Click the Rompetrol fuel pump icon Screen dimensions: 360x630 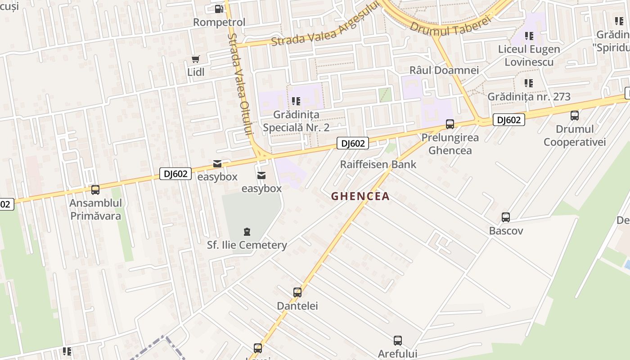click(x=219, y=9)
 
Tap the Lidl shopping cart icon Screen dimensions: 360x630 click(x=196, y=59)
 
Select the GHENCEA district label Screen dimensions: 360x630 click(x=360, y=197)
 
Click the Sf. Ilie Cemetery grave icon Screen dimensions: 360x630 click(x=247, y=232)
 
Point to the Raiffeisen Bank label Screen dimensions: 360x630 click(x=378, y=164)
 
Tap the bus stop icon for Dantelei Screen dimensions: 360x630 click(x=297, y=292)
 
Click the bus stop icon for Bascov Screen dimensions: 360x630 click(x=506, y=217)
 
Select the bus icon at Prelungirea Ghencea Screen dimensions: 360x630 click(x=450, y=124)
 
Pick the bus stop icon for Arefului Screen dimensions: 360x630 click(x=398, y=340)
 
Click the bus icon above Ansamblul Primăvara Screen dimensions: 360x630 click(x=95, y=190)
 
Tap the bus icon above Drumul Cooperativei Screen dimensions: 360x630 click(x=575, y=116)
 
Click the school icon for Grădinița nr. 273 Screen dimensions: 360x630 click(x=529, y=83)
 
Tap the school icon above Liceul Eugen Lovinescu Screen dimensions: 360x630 click(x=529, y=36)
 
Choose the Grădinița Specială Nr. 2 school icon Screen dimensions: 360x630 click(x=296, y=101)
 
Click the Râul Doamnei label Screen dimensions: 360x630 click(x=444, y=70)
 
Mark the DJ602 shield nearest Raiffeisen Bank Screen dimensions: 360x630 click(x=353, y=144)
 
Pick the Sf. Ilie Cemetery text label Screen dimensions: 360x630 click(x=247, y=245)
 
